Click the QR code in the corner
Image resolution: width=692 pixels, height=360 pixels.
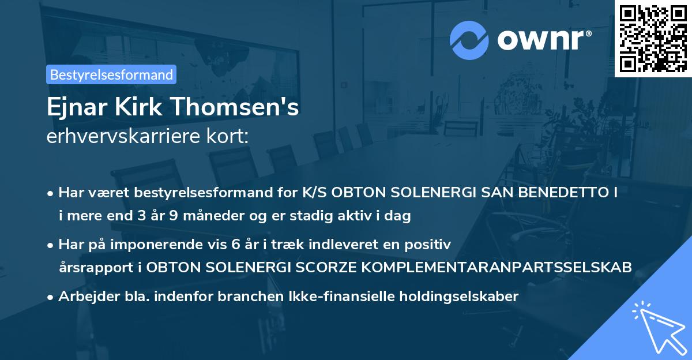653,39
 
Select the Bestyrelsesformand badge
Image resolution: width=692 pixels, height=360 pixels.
111,74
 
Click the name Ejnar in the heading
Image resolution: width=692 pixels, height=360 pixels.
73,108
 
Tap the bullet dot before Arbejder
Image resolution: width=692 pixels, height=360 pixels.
51,297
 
